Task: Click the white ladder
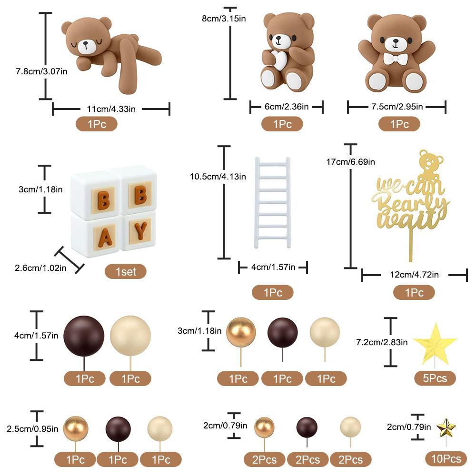click(273, 202)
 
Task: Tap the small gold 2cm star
click(446, 428)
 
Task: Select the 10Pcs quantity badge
click(446, 458)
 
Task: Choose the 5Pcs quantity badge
click(435, 378)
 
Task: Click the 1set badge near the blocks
click(126, 271)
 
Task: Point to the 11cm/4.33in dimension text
click(111, 109)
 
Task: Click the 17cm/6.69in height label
click(351, 162)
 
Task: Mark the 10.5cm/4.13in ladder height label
click(218, 177)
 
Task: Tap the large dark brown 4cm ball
click(84, 336)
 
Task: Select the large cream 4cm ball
click(130, 336)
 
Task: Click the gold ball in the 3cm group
click(241, 332)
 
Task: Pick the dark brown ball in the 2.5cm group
click(118, 429)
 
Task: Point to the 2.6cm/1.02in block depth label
click(40, 268)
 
